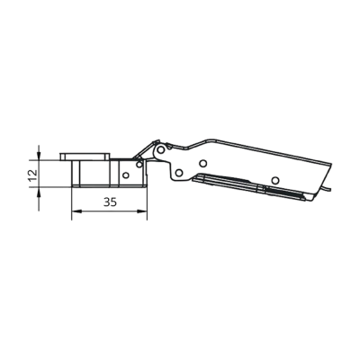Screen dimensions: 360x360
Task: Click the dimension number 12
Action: (33, 175)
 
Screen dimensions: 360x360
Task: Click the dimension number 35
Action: (110, 202)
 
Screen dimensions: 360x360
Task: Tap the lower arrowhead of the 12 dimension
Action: (39, 192)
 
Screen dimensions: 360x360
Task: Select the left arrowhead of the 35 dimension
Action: (76, 211)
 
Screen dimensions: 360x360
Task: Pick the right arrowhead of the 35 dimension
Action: (142, 211)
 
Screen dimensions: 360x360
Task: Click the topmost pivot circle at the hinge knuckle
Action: (161, 149)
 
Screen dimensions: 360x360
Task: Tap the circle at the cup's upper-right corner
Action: (139, 165)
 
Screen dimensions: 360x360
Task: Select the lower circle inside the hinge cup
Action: (126, 175)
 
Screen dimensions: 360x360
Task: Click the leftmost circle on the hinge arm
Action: (179, 173)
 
